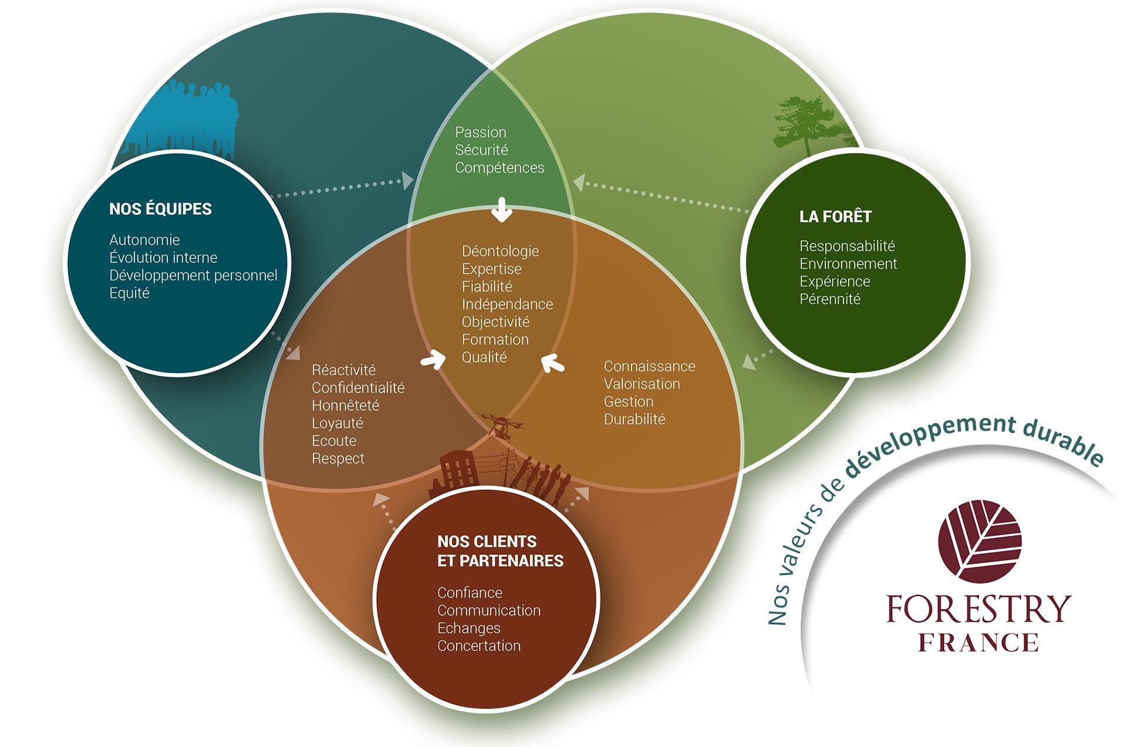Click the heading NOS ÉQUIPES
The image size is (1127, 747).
tap(160, 209)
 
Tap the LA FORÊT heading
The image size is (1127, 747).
tap(835, 217)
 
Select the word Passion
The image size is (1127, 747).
tap(480, 133)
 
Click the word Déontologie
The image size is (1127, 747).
tap(500, 251)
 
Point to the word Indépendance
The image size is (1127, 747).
tap(507, 304)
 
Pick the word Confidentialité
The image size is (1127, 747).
tap(358, 388)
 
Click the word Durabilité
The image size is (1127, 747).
tap(635, 419)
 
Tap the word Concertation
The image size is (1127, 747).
tap(479, 645)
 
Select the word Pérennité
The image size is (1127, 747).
tap(830, 299)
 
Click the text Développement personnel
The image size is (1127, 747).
tap(193, 275)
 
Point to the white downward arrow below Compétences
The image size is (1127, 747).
tap(501, 209)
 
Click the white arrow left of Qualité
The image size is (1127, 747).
tap(433, 359)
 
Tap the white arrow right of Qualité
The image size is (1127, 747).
tap(552, 363)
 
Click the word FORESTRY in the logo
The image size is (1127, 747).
tap(978, 609)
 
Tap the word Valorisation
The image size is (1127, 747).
tap(642, 384)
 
